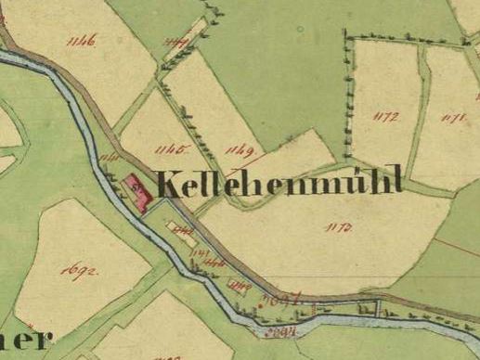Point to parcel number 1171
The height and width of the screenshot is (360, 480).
pyautogui.click(x=453, y=117)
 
